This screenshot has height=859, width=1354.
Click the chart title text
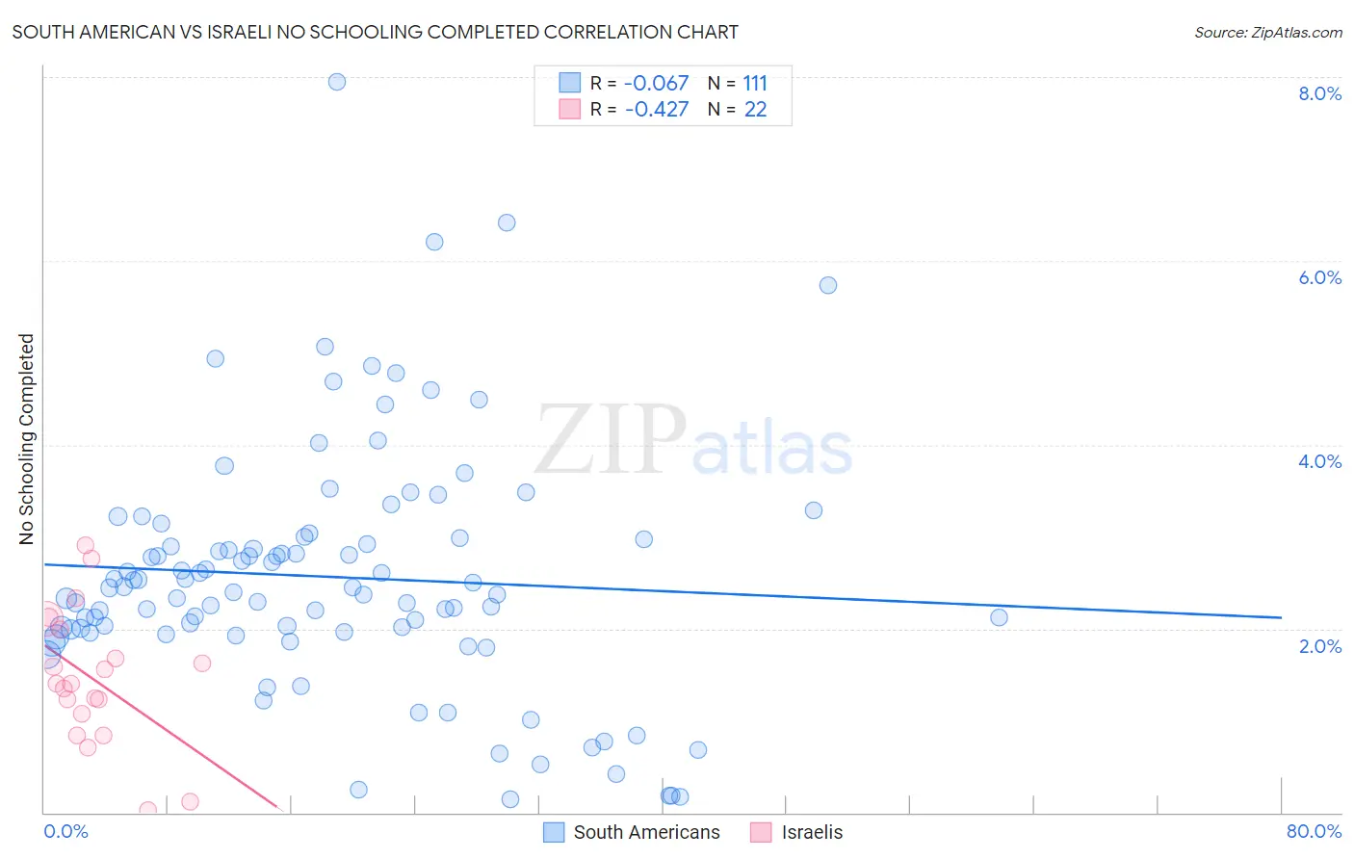pos(375,32)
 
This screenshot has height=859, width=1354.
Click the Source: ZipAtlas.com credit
pos(1267,32)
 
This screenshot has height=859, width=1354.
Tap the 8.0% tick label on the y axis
pos(1319,93)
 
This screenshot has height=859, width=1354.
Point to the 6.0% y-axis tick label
pos(1319,277)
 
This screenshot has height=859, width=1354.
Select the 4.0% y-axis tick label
pos(1319,461)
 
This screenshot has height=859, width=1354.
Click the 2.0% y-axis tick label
pos(1319,646)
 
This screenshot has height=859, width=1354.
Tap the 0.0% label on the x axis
pos(65,831)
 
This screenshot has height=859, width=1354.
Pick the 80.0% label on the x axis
pos(1314,831)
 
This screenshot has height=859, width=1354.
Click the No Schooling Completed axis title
pos(26,439)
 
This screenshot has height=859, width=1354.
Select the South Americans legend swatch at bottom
pos(554,832)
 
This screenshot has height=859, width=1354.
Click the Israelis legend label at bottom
pos(812,832)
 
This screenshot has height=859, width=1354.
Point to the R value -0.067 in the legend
pos(656,84)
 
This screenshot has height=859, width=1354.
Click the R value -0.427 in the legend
pos(656,110)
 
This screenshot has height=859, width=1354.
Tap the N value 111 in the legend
pos(755,84)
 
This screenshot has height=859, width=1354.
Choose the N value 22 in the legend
pos(755,110)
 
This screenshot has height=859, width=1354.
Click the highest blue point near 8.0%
pos(337,82)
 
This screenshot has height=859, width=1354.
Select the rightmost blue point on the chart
pos(999,617)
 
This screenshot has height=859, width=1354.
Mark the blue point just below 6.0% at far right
pos(828,285)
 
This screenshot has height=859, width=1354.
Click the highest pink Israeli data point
pos(86,545)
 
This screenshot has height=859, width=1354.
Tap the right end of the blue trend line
pos(1281,617)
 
